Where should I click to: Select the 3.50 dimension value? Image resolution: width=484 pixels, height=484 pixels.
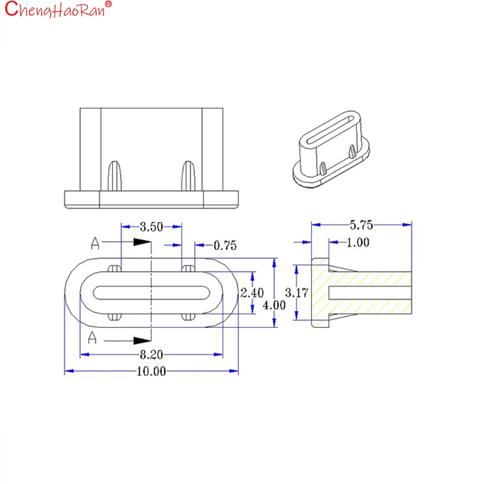click(x=151, y=227)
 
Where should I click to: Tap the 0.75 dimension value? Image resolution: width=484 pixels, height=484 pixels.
click(x=225, y=246)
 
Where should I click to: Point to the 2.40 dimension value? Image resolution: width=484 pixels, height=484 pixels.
click(x=252, y=293)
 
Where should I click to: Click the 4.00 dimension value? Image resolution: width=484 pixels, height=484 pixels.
click(x=274, y=306)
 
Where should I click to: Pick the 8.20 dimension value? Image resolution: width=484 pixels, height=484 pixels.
click(x=151, y=355)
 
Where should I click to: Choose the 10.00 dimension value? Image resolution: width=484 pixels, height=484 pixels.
click(x=151, y=371)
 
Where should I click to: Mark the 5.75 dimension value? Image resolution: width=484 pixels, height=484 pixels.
click(x=361, y=225)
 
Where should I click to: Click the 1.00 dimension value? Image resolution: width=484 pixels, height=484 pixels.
click(x=358, y=243)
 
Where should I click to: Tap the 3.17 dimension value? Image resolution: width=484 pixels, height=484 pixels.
click(x=296, y=293)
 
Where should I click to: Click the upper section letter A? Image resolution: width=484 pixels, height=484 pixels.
click(x=95, y=243)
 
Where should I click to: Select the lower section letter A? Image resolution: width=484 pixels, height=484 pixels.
click(x=92, y=338)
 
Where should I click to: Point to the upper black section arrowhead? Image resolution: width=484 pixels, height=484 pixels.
click(x=142, y=241)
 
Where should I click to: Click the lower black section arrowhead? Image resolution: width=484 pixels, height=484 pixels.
click(x=142, y=341)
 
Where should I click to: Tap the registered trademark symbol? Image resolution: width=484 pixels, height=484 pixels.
click(x=108, y=4)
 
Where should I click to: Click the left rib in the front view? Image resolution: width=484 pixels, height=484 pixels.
click(x=114, y=175)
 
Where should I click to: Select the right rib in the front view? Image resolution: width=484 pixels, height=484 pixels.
click(x=188, y=175)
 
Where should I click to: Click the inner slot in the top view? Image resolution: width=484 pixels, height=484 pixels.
click(x=151, y=293)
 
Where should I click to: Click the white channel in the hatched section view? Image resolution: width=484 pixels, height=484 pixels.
click(x=370, y=293)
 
